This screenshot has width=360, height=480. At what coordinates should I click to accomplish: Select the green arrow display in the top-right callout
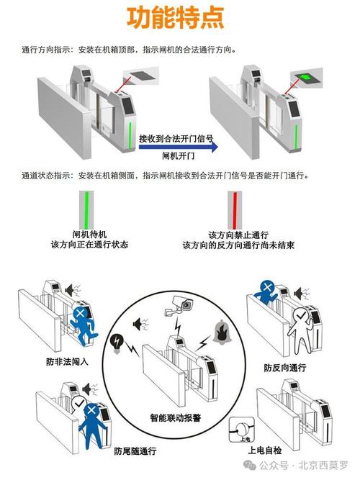(x=307, y=77)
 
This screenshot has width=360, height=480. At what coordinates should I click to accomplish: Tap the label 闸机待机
(x=89, y=235)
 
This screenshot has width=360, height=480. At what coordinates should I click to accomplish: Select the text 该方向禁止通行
(x=238, y=235)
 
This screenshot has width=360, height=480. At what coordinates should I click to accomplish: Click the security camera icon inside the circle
(x=179, y=306)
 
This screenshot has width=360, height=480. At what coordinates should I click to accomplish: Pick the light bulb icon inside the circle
(x=118, y=342)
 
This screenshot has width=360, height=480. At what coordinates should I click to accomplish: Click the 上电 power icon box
(x=240, y=430)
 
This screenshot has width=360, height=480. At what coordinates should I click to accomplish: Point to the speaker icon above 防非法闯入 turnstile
(x=71, y=291)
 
